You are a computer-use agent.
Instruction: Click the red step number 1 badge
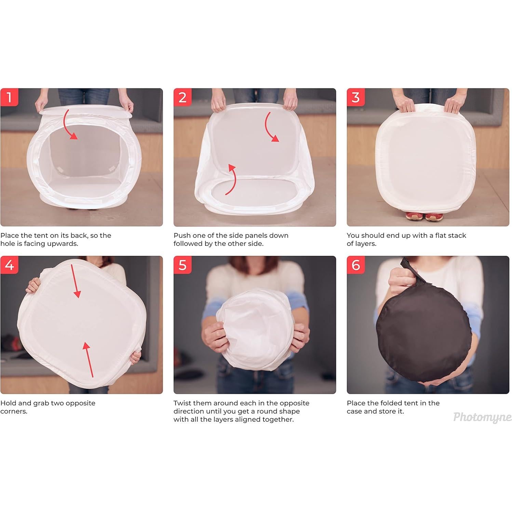point(9,97)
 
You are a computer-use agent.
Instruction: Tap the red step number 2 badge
point(183,97)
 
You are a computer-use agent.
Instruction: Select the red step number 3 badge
point(356,97)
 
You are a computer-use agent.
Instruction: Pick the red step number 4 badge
point(9,265)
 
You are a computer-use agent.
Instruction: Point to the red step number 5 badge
point(183,265)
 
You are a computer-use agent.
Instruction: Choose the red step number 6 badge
point(356,265)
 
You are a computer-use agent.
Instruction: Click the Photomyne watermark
point(482,417)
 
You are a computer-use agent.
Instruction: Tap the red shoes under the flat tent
point(424,216)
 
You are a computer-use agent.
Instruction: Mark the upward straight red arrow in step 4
point(89,359)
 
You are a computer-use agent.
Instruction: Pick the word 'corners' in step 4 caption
point(13,411)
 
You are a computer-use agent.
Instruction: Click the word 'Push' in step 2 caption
point(181,235)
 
